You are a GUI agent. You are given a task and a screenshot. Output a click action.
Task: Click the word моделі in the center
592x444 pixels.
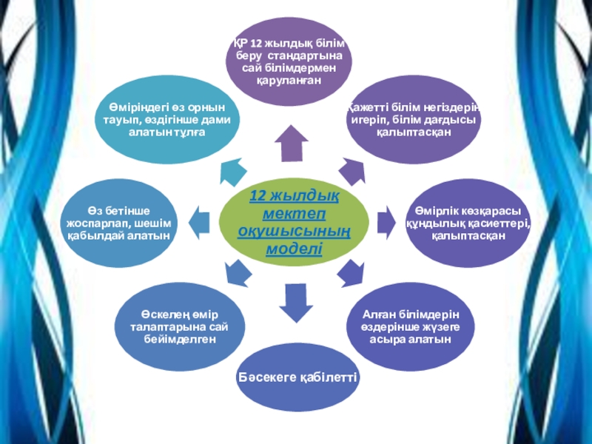click(x=294, y=249)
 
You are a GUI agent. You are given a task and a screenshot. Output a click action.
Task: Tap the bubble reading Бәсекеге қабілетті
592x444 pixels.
click(x=297, y=378)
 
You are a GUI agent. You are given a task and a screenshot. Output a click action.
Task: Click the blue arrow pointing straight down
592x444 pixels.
click(x=294, y=302)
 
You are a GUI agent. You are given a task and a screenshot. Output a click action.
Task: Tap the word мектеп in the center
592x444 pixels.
click(x=294, y=214)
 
